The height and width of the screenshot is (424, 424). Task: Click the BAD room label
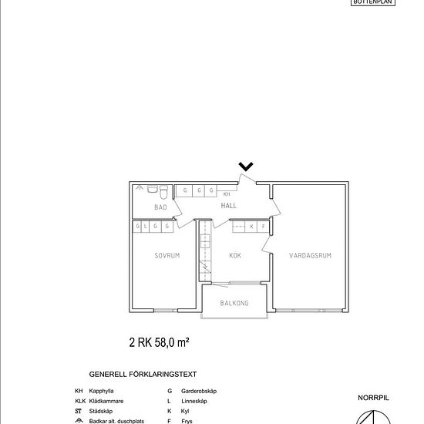pyautogui.click(x=160, y=207)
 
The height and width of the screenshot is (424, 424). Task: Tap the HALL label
pyautogui.click(x=229, y=207)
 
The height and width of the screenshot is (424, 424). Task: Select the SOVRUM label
pyautogui.click(x=167, y=255)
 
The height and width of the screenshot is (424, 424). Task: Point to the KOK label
pyautogui.click(x=235, y=255)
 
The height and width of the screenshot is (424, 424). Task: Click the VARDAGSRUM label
pyautogui.click(x=311, y=255)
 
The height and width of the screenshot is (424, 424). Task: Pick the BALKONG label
pyautogui.click(x=234, y=304)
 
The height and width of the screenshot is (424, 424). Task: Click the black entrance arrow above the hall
pyautogui.click(x=246, y=166)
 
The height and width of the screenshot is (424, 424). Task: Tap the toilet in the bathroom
pyautogui.click(x=153, y=190)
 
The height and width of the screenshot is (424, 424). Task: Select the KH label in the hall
pyautogui.click(x=227, y=195)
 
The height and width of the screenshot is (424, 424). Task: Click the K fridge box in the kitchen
pyautogui.click(x=251, y=227)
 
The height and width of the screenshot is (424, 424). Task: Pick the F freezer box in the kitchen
pyautogui.click(x=262, y=227)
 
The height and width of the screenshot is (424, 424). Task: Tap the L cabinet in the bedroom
pyautogui.click(x=146, y=227)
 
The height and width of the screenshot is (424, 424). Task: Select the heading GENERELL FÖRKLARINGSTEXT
pyautogui.click(x=143, y=374)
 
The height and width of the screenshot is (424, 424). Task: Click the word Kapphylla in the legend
pyautogui.click(x=103, y=392)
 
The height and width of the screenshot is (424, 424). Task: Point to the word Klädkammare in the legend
pyautogui.click(x=106, y=402)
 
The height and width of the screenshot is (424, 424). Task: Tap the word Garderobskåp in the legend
pyautogui.click(x=199, y=392)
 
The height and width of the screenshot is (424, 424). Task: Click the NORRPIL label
pyautogui.click(x=374, y=399)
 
